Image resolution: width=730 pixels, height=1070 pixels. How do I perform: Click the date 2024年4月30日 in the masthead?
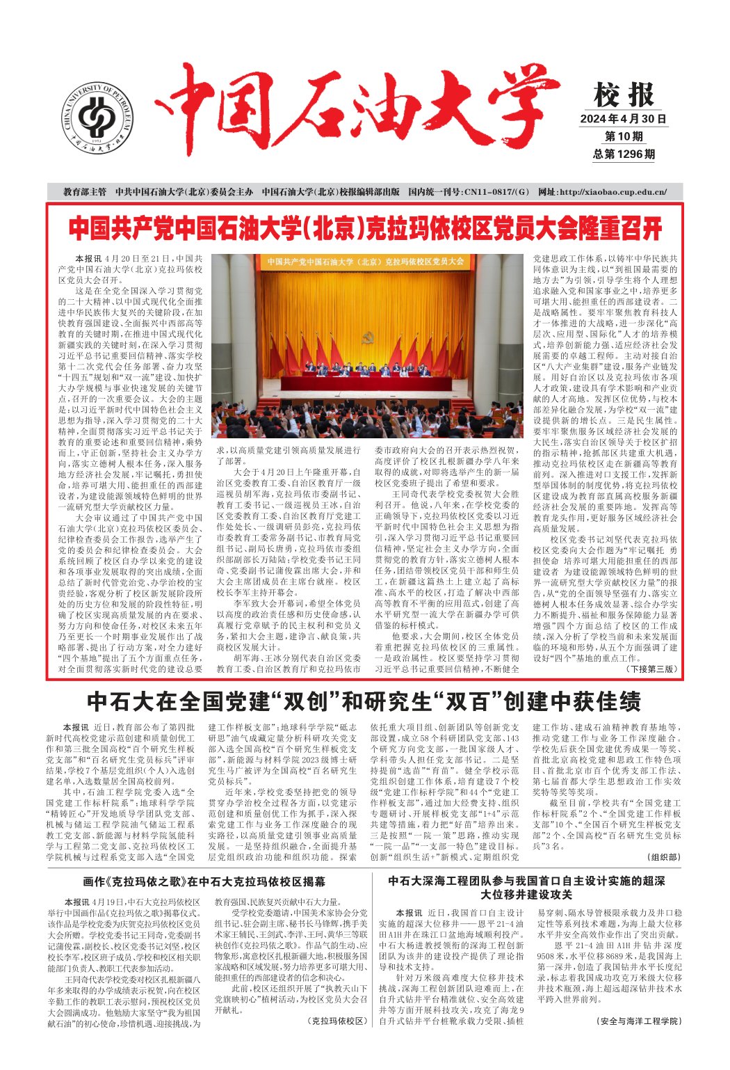pyautogui.click(x=623, y=119)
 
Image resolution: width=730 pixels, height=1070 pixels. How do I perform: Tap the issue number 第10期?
pyautogui.click(x=624, y=136)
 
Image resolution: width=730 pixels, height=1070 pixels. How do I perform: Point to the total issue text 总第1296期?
pyautogui.click(x=624, y=154)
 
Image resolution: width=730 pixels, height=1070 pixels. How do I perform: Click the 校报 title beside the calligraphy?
pyautogui.click(x=624, y=95)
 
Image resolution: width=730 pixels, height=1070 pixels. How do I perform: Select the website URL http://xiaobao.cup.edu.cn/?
pyautogui.click(x=602, y=192)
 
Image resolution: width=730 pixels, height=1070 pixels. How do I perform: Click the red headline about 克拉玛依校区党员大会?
pyautogui.click(x=365, y=228)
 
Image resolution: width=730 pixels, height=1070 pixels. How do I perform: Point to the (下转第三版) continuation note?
pyautogui.click(x=651, y=396)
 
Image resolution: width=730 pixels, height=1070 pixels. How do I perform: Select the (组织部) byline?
pyautogui.click(x=664, y=857)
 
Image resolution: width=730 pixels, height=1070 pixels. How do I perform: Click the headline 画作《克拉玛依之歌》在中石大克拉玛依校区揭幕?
pyautogui.click(x=204, y=881)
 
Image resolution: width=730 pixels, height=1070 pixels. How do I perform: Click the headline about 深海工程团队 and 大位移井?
pyautogui.click(x=526, y=887)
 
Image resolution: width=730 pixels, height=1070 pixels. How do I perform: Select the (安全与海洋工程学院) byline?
pyautogui.click(x=639, y=1021)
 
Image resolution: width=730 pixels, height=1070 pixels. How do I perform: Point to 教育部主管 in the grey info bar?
pyautogui.click(x=85, y=192)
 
